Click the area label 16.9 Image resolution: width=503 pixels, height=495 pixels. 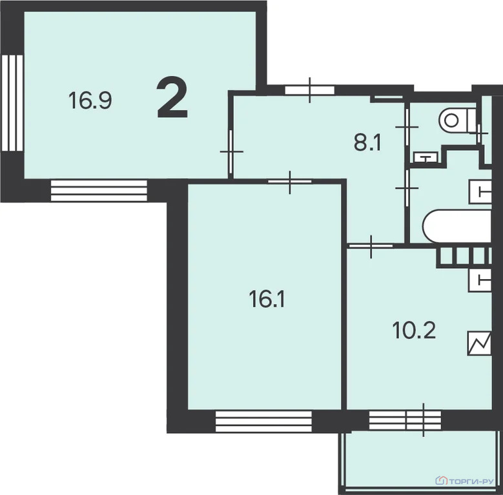click(x=90, y=100)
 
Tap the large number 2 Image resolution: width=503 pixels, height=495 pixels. click(x=172, y=97)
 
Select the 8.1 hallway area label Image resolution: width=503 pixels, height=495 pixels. click(x=367, y=143)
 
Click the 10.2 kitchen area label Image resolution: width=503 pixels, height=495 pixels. click(x=414, y=331)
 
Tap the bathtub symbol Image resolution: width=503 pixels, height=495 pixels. click(x=457, y=226)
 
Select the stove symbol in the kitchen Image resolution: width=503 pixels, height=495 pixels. click(x=480, y=344)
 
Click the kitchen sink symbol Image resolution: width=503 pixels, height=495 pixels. click(x=480, y=280)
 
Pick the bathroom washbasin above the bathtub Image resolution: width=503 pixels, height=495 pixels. click(x=480, y=192)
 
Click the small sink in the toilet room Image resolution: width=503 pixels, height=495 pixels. click(x=426, y=157)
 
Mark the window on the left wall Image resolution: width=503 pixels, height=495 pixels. click(x=12, y=103)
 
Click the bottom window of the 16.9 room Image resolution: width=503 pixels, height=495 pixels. click(x=99, y=191)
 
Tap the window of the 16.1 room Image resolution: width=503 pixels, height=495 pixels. click(x=263, y=422)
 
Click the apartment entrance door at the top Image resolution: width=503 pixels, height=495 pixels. click(x=310, y=90)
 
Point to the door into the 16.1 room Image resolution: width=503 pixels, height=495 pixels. click(x=290, y=182)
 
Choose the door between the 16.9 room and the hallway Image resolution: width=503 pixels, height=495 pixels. click(x=231, y=151)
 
